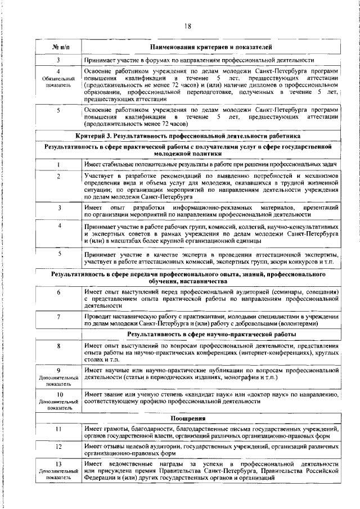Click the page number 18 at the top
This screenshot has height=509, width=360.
tap(188, 25)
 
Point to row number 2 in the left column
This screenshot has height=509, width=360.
tap(58, 176)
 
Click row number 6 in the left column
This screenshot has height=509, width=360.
tap(58, 293)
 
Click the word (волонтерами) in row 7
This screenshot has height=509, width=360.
tap(312, 324)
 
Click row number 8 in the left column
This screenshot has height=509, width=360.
tap(58, 345)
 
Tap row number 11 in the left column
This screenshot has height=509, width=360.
tap(58, 429)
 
